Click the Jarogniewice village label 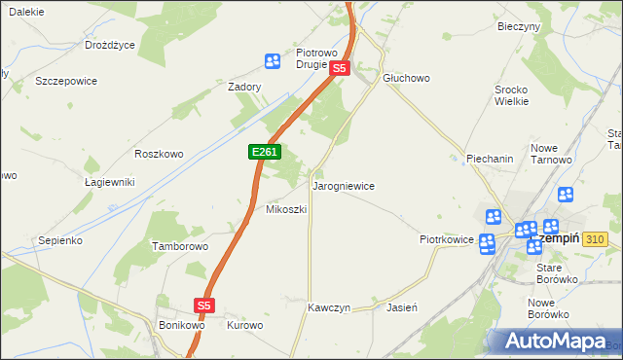point(343,185)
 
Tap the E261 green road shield point(265,153)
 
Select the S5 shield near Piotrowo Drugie point(339,69)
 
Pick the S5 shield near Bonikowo point(203,306)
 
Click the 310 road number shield point(597,239)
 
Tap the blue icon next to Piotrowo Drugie point(273,61)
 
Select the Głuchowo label point(406,78)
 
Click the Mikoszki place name point(286,209)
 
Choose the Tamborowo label point(180,246)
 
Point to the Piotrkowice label point(446,238)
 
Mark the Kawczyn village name point(329,306)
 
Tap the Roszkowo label point(160,154)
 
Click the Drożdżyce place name point(110,45)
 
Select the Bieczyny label point(518,26)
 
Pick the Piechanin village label point(490,158)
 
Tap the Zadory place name point(244,87)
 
